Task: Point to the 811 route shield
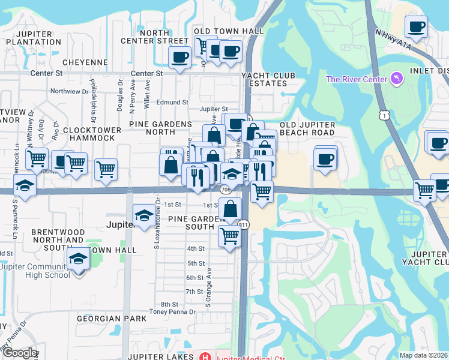point(244,224)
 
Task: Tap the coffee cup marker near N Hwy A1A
point(416,26)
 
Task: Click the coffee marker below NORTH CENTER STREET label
point(180,58)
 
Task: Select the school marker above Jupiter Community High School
point(78,259)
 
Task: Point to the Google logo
point(19,353)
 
